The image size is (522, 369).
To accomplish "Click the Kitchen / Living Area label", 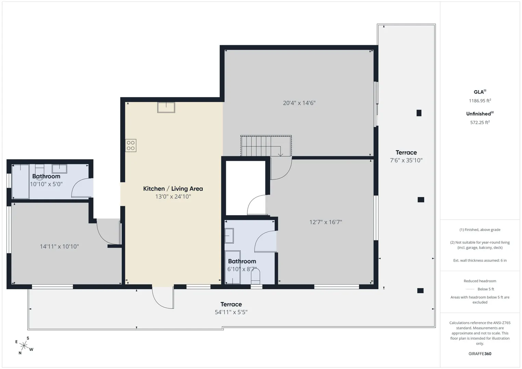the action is point(173,189).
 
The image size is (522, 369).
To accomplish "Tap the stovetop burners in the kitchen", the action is point(131,146).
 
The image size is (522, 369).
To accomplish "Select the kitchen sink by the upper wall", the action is point(166,108).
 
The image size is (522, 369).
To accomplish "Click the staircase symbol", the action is point(266,146).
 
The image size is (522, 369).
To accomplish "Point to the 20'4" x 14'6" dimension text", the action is point(299,103).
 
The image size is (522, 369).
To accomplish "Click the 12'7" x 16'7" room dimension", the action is point(325,222).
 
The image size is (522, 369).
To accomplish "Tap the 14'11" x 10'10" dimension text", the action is point(59,246).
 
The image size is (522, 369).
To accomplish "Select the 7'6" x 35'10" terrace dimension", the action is point(406,160).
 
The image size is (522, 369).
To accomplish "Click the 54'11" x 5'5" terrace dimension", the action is point(231,312).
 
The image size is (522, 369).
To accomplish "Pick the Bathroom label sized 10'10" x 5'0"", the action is point(46,176).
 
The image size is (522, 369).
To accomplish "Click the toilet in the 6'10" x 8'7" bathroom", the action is point(255,276).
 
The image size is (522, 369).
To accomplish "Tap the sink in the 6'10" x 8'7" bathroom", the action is point(229,236).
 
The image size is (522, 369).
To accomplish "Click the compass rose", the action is point(24,346).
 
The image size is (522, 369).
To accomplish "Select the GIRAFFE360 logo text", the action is point(480,354).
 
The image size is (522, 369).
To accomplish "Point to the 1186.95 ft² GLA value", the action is point(480,101).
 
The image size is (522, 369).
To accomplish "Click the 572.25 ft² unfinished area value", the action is point(480,122).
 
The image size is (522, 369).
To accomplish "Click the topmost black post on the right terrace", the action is point(419,113).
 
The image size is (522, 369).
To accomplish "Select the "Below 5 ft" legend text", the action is point(486,289).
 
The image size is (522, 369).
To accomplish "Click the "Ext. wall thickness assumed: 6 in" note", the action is point(480,260).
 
